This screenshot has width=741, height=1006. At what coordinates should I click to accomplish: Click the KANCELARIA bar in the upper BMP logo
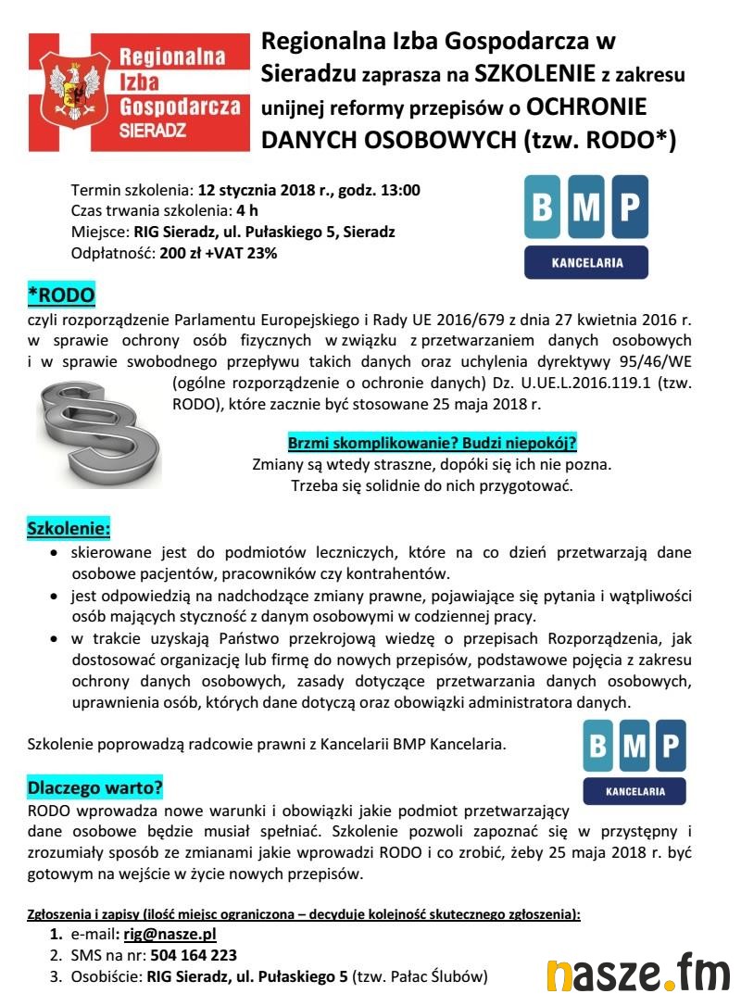(x=586, y=262)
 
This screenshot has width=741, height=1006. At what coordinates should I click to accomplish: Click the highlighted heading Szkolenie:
(x=69, y=530)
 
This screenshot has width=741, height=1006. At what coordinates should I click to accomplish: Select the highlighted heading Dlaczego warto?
(x=95, y=788)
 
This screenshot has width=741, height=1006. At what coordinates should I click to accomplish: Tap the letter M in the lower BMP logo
(x=634, y=747)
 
